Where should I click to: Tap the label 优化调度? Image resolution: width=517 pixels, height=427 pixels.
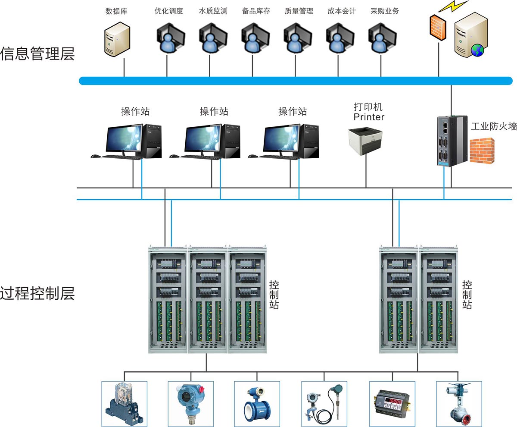(168, 11)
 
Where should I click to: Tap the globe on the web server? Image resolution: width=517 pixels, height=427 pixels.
(477, 50)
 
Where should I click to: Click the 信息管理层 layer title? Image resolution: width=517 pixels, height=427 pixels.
(37, 54)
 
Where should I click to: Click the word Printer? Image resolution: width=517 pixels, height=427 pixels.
(369, 117)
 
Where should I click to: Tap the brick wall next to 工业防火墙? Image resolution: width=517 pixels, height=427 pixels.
(482, 151)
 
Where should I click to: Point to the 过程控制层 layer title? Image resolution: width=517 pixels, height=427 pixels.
(37, 294)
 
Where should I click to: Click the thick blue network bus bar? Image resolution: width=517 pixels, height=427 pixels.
(296, 81)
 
